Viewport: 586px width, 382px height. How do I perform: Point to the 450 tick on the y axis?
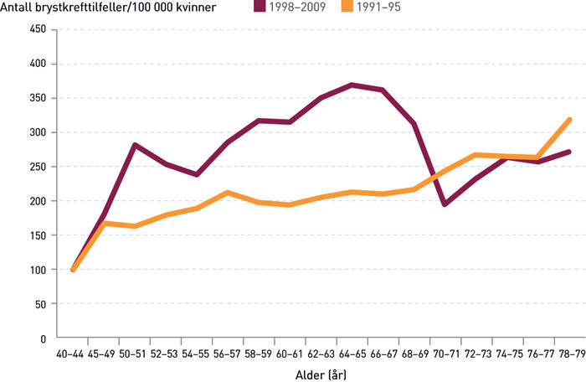(x=39, y=29)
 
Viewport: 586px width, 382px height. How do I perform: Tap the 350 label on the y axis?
(x=39, y=98)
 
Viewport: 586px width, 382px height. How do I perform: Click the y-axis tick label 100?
(x=39, y=270)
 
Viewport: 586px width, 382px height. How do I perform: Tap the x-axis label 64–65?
(x=352, y=354)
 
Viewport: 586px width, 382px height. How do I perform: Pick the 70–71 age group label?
(x=445, y=354)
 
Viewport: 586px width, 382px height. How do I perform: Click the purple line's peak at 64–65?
(x=352, y=85)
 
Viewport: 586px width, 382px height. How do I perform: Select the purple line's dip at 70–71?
(x=445, y=204)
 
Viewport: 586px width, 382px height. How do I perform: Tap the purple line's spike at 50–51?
(x=135, y=145)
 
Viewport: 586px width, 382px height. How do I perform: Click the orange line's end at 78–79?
(x=568, y=120)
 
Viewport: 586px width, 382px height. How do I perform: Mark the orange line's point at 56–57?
(x=228, y=193)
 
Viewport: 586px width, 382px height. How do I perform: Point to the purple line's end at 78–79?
(x=568, y=152)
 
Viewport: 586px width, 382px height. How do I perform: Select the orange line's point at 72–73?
(x=475, y=155)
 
